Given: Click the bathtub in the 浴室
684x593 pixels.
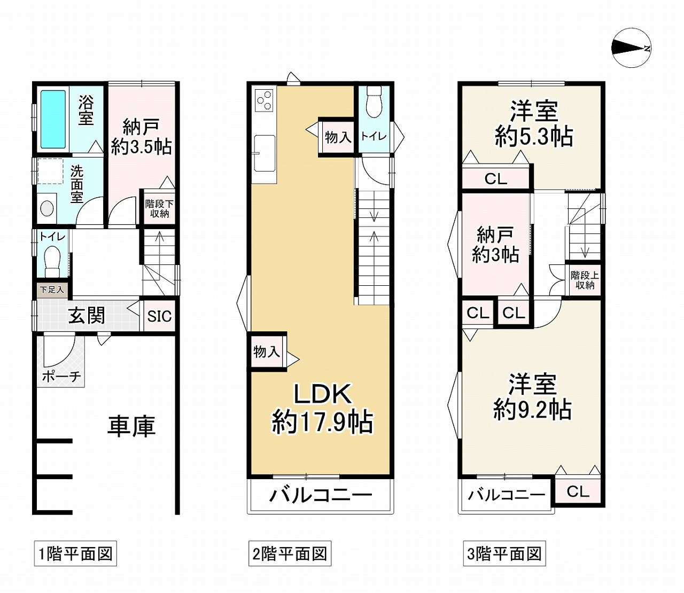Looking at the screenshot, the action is point(53,119).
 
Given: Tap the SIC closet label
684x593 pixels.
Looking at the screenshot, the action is point(159,316).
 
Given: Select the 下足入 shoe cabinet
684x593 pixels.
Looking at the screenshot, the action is point(52,290).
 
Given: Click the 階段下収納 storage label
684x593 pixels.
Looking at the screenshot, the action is point(159,208).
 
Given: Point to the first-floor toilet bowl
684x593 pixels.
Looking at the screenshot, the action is point(52,261).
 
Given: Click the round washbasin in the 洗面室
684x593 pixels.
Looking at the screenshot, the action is point(46,209).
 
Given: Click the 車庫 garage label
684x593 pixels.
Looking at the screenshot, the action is point(131,426).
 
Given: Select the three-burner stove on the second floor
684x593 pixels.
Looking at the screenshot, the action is point(264,99).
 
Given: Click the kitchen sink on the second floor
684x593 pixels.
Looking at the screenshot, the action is point(265,153).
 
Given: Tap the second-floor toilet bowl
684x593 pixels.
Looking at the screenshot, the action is point(374,102).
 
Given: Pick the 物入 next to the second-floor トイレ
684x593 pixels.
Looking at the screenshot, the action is point(338,137).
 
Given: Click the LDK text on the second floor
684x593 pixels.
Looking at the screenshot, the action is point(323,394).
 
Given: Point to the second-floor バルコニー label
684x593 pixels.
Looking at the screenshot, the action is point(321,495).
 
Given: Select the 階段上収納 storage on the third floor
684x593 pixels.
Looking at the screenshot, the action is point(585,280).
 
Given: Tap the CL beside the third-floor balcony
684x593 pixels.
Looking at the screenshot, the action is point(578,491).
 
